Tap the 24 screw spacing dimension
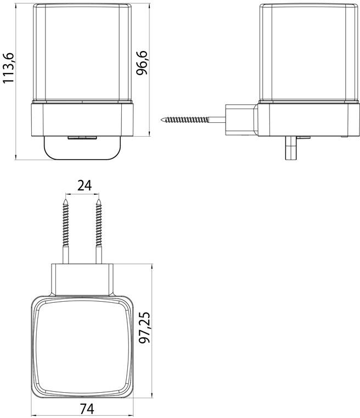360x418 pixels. point(84,185)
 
